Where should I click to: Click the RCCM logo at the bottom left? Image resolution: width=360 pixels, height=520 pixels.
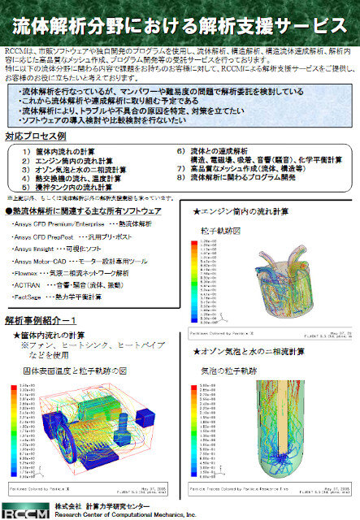point(23,511)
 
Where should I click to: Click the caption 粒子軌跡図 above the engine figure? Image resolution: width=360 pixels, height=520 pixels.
point(219,231)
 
